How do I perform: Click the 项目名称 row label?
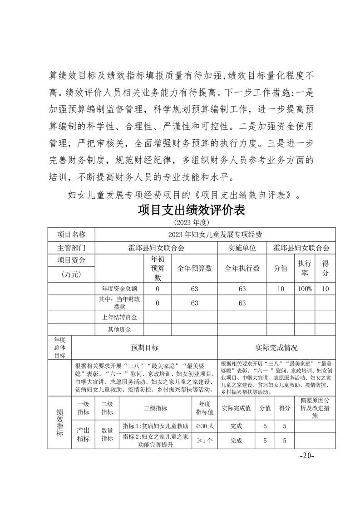(x=71, y=234)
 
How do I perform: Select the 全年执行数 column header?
(x=242, y=268)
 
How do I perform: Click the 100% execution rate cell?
(x=305, y=289)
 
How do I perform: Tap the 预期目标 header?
(x=145, y=348)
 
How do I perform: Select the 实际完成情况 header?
(x=276, y=348)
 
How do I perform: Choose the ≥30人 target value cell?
(x=204, y=426)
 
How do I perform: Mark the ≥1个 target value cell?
(x=204, y=440)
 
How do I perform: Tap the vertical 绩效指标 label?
(x=59, y=422)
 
